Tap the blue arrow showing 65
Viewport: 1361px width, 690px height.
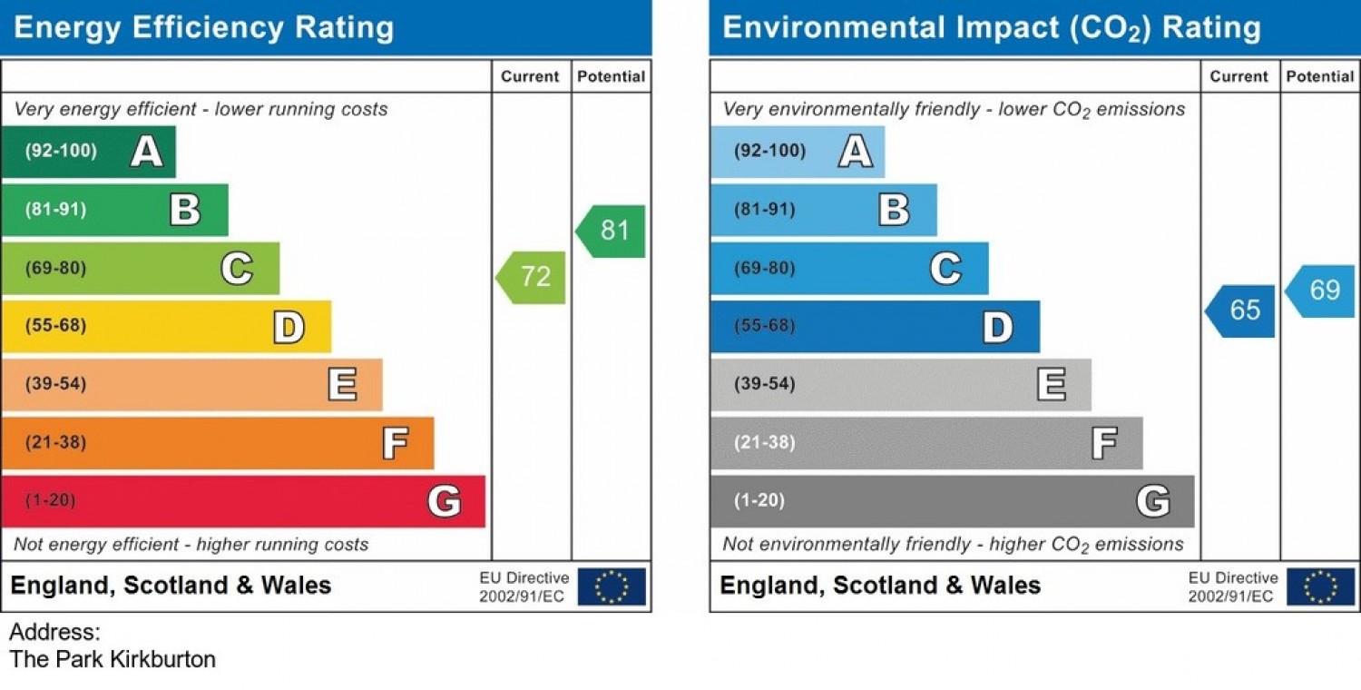[x=1242, y=310]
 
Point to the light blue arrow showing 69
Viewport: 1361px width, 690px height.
[x=1323, y=291]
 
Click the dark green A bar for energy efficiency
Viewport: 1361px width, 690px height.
[x=88, y=152]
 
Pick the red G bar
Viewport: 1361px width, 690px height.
[x=243, y=501]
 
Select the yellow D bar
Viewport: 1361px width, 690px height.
[x=166, y=327]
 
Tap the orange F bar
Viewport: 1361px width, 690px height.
[x=218, y=443]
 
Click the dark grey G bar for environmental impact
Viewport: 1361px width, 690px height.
[x=952, y=501]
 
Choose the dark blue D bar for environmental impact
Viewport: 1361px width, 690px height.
[x=875, y=327]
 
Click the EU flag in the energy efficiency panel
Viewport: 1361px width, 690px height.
[x=612, y=586]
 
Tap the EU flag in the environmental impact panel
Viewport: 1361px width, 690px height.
[x=1320, y=586]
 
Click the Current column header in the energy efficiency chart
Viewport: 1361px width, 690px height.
[x=530, y=77]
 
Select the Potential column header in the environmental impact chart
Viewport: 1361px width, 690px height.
[x=1319, y=77]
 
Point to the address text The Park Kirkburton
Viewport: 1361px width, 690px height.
[x=113, y=659]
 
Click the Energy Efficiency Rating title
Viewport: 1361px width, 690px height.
[x=204, y=28]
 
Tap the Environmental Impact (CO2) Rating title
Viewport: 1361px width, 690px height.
[x=991, y=28]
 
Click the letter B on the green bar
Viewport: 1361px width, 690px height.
[x=185, y=210]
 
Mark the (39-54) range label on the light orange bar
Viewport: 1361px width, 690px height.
[x=55, y=384]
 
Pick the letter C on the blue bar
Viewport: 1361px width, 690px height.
[x=945, y=269]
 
